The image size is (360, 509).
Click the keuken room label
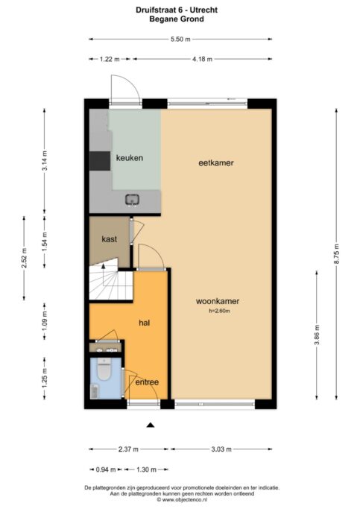129,158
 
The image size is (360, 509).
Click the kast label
110,238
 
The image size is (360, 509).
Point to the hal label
145,323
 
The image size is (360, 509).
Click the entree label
146,382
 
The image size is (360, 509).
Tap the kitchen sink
133,199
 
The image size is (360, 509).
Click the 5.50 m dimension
180,39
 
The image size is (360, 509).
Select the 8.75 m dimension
336,257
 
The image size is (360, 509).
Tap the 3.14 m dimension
45,162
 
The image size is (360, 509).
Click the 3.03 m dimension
221,449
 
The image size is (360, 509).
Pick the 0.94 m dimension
107,470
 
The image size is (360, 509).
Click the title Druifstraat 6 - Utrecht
180,8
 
